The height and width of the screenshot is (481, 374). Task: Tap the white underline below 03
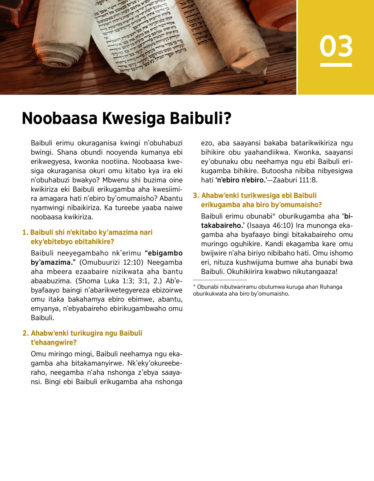pyautogui.click(x=336, y=65)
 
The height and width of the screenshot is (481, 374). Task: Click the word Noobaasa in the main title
pyautogui.click(x=60, y=118)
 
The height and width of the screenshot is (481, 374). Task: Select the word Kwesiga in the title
pyautogui.click(x=133, y=118)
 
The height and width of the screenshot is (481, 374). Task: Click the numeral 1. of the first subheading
pyautogui.click(x=25, y=233)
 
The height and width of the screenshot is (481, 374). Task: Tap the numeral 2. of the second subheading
pyautogui.click(x=26, y=333)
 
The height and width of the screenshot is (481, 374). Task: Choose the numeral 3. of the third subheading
pyautogui.click(x=196, y=195)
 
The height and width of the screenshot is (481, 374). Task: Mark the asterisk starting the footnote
pyautogui.click(x=194, y=286)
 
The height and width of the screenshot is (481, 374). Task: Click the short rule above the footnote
pyautogui.click(x=220, y=280)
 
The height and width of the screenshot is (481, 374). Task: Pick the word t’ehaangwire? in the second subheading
pyautogui.click(x=53, y=343)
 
